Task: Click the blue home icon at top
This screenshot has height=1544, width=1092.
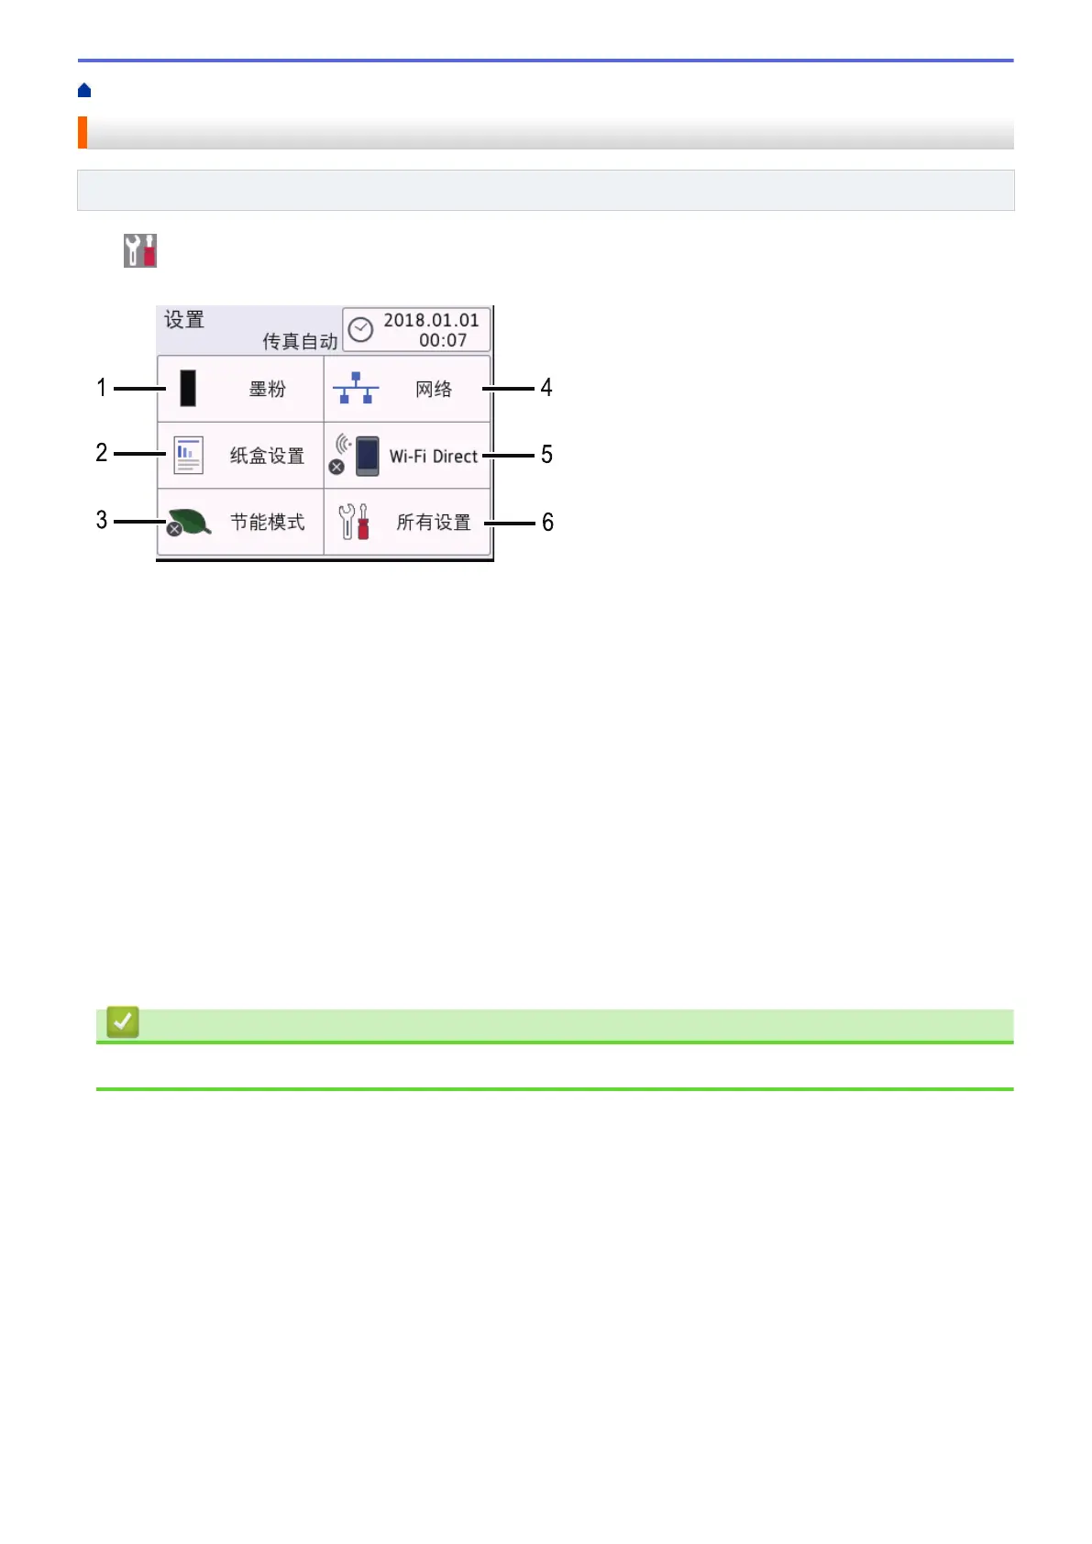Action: tap(84, 90)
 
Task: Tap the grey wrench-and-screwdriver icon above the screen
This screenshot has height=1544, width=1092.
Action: tap(140, 250)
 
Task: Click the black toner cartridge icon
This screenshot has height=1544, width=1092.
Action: tap(188, 389)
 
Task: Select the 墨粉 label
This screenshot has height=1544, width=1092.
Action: tap(267, 390)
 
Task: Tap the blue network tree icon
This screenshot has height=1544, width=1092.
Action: tap(355, 389)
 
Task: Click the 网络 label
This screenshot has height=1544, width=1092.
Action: tap(434, 390)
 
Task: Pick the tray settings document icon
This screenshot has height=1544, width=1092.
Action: tap(188, 456)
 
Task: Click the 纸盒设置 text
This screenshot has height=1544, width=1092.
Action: tap(267, 456)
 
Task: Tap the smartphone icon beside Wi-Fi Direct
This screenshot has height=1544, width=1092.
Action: tap(367, 456)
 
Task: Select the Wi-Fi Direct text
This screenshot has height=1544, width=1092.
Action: tap(433, 457)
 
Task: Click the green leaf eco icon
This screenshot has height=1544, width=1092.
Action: tap(190, 523)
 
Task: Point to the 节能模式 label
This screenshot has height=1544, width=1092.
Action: tap(267, 523)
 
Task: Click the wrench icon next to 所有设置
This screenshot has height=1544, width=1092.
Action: tap(354, 522)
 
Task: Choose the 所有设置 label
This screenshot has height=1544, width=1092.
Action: tap(434, 523)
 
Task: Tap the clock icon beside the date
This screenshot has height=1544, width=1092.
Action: tap(361, 329)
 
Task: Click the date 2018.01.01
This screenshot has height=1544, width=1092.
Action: tap(431, 320)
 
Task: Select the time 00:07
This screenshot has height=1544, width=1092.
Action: tap(443, 340)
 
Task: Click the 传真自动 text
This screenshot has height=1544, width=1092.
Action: tap(300, 342)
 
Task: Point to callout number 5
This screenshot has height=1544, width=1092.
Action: tap(546, 455)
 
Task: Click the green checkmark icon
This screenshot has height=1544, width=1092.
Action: tap(123, 1021)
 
